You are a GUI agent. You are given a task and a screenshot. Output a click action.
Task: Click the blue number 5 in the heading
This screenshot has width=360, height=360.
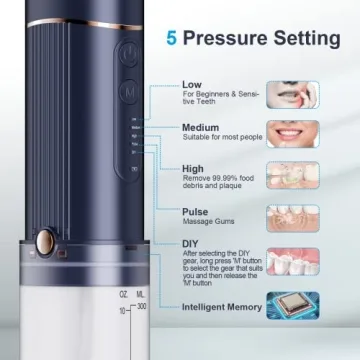pyautogui.click(x=172, y=38)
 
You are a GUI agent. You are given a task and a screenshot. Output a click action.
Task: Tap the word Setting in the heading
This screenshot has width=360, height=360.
pyautogui.click(x=304, y=38)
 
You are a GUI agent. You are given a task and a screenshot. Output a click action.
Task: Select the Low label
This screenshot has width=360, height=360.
pyautogui.click(x=192, y=85)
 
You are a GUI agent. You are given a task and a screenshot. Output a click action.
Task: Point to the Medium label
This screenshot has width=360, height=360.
pyautogui.click(x=201, y=128)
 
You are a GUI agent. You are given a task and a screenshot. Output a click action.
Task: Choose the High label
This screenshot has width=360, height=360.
pyautogui.click(x=193, y=169)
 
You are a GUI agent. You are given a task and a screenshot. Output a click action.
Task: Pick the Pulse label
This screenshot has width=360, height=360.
pyautogui.click(x=195, y=212)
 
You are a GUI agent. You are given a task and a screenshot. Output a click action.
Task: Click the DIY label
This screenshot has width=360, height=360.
pyautogui.click(x=191, y=243)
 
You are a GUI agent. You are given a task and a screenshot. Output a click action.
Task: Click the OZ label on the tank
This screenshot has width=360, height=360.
pyautogui.click(x=122, y=322)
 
